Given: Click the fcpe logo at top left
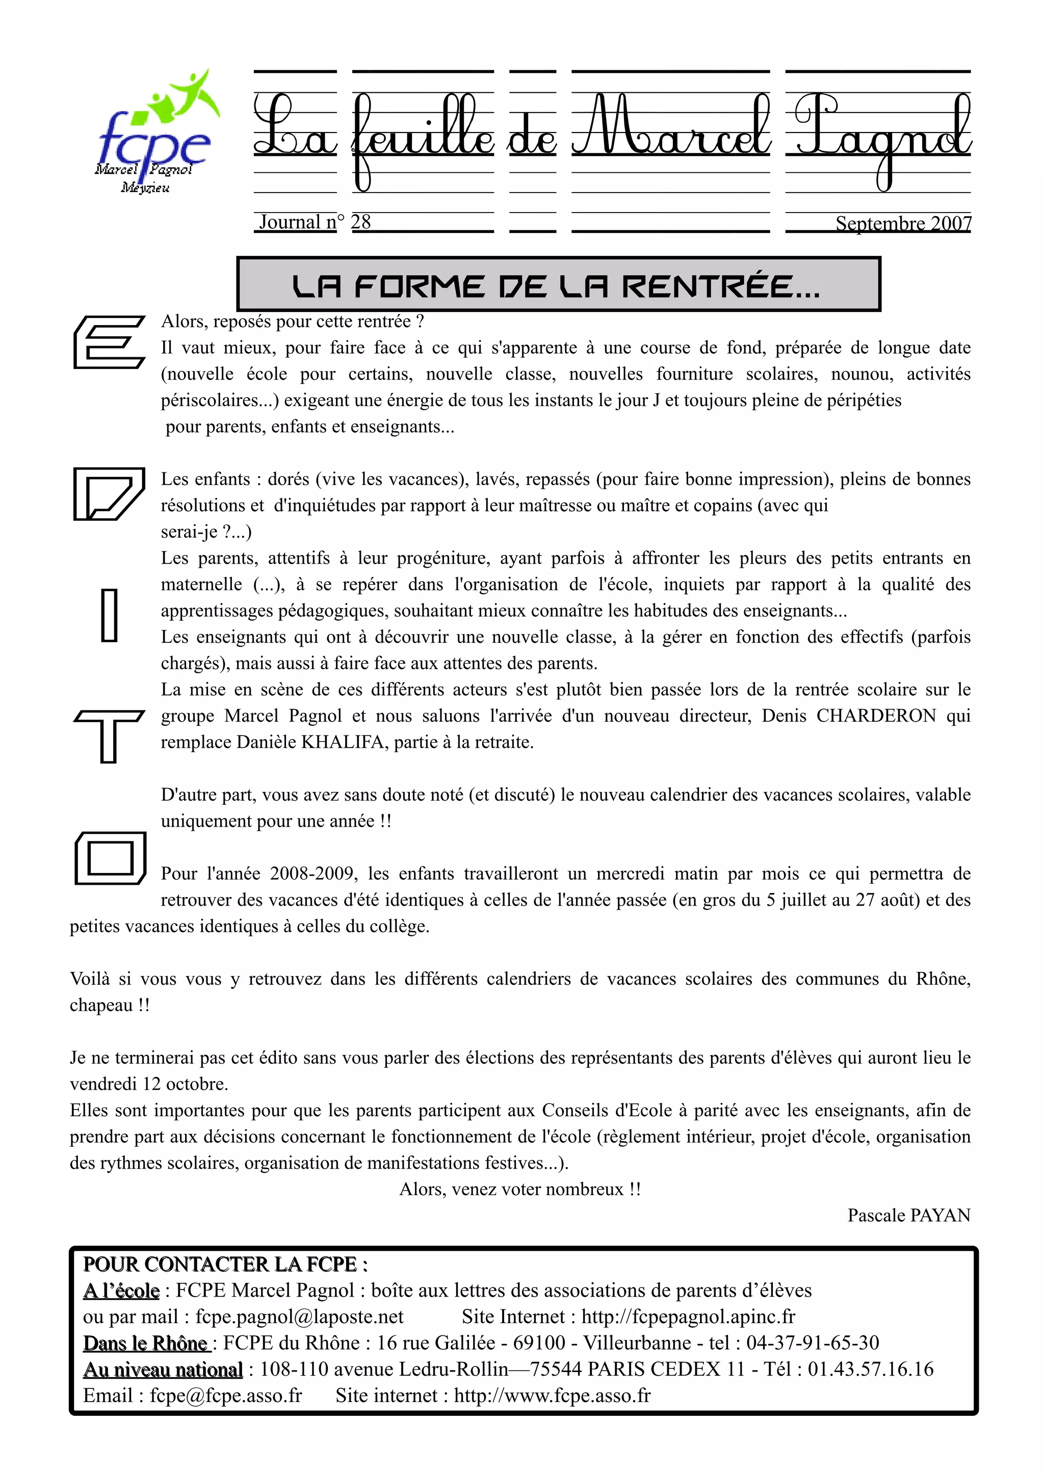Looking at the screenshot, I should pyautogui.click(x=154, y=135).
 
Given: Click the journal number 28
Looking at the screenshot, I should pyautogui.click(x=360, y=222).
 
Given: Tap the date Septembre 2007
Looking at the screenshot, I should pyautogui.click(x=903, y=224).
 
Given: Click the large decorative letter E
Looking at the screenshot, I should pyautogui.click(x=109, y=342).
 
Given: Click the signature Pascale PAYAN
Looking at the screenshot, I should pyautogui.click(x=908, y=1216).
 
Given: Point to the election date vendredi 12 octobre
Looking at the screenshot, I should pyautogui.click(x=148, y=1084).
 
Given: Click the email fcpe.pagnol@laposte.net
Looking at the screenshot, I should pyautogui.click(x=300, y=1316).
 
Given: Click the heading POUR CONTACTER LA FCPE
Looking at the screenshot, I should pyautogui.click(x=225, y=1264).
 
